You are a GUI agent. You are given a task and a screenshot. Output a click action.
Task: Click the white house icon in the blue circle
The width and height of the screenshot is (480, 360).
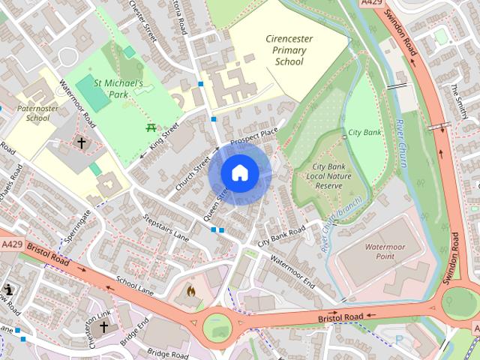pyautogui.click(x=239, y=172)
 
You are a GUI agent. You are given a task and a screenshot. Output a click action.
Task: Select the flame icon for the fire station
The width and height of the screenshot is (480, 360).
pyautogui.click(x=191, y=289)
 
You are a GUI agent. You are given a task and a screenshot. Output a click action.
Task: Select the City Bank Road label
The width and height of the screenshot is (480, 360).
pyautogui.click(x=281, y=235)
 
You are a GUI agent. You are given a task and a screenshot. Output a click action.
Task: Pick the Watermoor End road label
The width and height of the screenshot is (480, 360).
pyautogui.click(x=292, y=271)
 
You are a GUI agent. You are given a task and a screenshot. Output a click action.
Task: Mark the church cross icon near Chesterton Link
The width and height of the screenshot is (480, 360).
pyautogui.click(x=103, y=327)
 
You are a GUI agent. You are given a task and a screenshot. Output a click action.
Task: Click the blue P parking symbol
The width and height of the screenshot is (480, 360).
pyautogui.click(x=399, y=340)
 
